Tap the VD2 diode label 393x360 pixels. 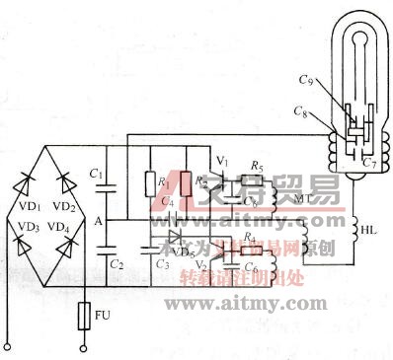[x=64, y=207]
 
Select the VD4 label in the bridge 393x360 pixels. [x=64, y=228]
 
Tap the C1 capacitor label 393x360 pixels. [x=96, y=175]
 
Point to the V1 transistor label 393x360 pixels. [x=221, y=160]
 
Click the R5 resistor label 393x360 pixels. [x=258, y=168]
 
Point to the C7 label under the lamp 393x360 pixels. [x=366, y=162]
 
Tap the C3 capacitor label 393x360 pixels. [x=161, y=266]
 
